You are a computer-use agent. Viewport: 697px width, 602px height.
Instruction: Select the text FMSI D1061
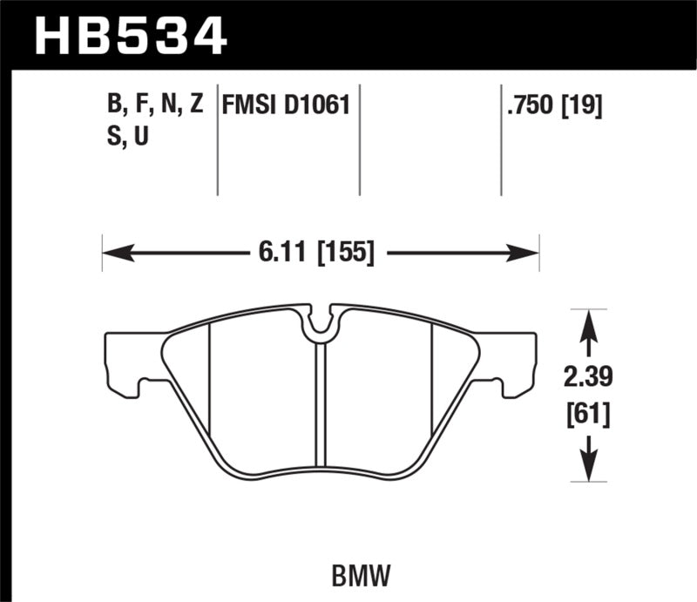pyautogui.click(x=286, y=107)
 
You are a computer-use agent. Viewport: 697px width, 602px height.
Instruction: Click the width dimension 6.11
pyautogui.click(x=277, y=254)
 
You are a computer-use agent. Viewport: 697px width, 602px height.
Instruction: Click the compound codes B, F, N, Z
pyautogui.click(x=154, y=107)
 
